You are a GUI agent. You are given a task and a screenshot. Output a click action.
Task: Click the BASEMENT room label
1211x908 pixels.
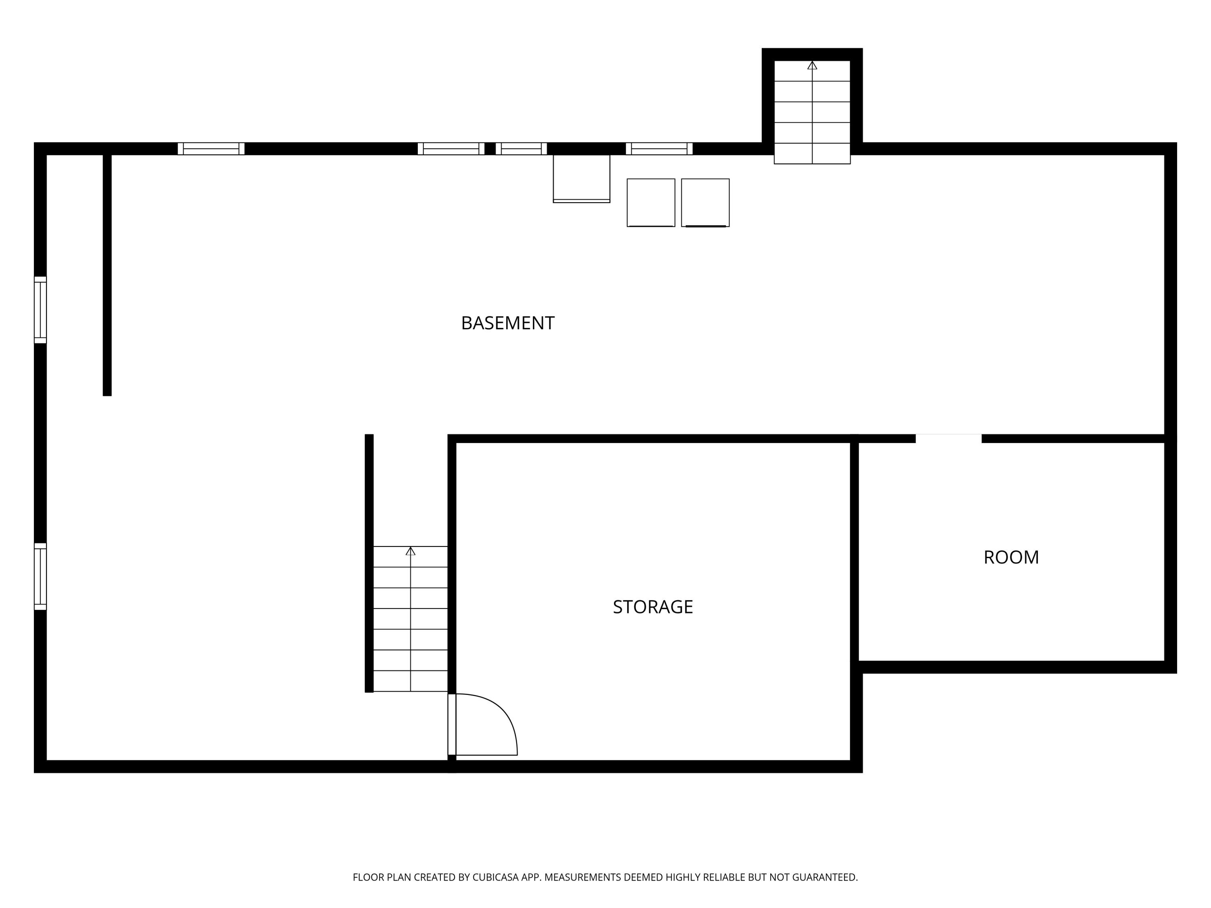click(x=507, y=323)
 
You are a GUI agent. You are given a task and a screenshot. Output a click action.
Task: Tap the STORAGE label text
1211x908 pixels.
click(x=653, y=607)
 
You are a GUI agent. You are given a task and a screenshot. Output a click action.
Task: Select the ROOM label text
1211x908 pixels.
click(x=1011, y=557)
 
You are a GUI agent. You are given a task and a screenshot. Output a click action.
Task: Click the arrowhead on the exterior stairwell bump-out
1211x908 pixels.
click(x=812, y=65)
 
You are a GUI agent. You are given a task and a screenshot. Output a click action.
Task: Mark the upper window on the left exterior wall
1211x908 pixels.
click(x=40, y=310)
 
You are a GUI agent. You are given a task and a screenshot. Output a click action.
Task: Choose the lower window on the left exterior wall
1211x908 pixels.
click(x=40, y=576)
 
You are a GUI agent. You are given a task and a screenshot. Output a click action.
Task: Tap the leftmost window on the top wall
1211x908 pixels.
click(x=211, y=149)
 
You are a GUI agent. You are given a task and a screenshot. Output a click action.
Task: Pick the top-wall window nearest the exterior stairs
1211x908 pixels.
click(x=659, y=149)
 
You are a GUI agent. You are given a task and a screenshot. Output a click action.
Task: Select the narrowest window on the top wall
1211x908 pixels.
click(x=521, y=149)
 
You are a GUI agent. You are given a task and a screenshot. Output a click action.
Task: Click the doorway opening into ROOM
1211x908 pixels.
click(x=948, y=438)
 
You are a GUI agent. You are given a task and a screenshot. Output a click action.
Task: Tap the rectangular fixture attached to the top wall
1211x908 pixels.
click(x=581, y=178)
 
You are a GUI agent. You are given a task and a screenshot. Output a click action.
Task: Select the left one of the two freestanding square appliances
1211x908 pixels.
click(x=650, y=203)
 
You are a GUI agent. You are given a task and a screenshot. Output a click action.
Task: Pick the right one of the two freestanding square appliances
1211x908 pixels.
click(x=705, y=203)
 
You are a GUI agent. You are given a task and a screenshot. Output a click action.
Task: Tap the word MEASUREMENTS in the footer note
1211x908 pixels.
click(x=582, y=877)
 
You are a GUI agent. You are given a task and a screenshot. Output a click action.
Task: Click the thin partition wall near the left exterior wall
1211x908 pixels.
click(x=107, y=274)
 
